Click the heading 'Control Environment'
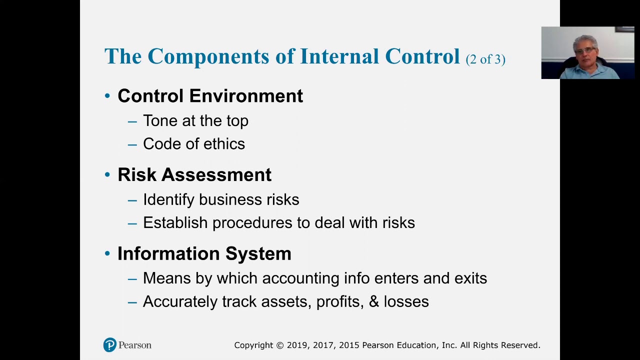coord(210,96)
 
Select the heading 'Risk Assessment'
coord(194,175)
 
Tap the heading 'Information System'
coord(204,253)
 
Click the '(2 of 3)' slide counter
coord(485,59)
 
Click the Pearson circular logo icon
coord(110,345)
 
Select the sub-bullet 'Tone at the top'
coord(195,121)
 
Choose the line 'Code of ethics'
coord(194,144)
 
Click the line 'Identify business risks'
coord(221,199)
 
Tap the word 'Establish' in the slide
coord(175,222)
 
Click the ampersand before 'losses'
coord(373,301)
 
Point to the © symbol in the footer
coord(279,345)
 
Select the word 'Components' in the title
coord(208,56)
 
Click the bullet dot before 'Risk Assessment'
coord(107,175)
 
